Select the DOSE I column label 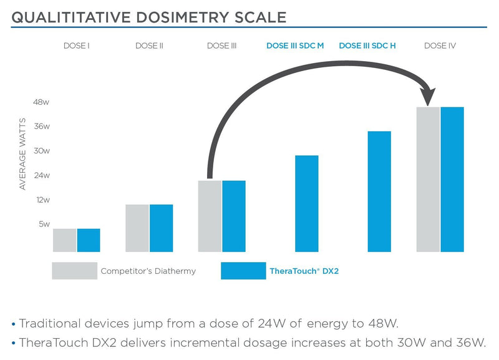77,46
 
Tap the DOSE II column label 149,46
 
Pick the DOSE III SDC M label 295,46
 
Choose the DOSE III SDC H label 367,46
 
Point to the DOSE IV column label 440,46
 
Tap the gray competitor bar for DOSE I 65,240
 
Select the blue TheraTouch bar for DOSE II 161,228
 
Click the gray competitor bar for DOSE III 210,216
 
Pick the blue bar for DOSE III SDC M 306,203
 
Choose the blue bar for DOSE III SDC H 379,192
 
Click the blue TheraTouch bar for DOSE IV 452,180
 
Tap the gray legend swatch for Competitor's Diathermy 74,271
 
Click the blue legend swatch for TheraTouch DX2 243,271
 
